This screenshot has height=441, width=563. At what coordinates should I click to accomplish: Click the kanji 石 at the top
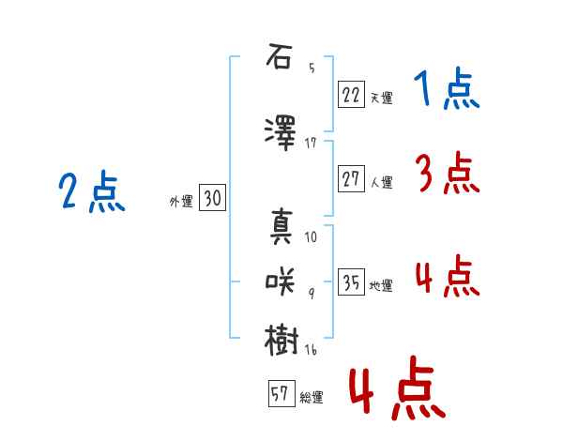click(x=279, y=56)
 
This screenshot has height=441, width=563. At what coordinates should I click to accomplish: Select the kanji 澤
click(x=281, y=133)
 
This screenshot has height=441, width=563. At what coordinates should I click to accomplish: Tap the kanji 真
click(x=281, y=226)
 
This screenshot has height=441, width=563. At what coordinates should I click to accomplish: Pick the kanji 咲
click(x=280, y=281)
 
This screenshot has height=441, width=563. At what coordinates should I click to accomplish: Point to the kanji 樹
click(x=281, y=340)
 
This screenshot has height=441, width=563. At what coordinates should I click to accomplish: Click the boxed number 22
click(x=351, y=95)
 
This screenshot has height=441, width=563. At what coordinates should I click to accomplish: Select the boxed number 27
click(x=351, y=178)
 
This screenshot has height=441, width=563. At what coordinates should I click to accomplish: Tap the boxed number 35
click(x=351, y=281)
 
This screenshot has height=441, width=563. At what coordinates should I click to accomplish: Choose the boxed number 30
click(x=213, y=198)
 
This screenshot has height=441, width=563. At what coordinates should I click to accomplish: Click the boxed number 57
click(x=281, y=393)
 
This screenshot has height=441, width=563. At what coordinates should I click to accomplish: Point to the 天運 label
click(x=381, y=98)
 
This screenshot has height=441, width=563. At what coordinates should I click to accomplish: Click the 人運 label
click(x=381, y=182)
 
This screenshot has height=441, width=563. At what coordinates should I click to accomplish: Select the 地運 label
click(x=381, y=286)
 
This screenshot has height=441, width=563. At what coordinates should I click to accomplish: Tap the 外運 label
click(x=181, y=202)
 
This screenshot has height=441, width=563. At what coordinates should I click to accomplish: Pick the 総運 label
click(x=312, y=398)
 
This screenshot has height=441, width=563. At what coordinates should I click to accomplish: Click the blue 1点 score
click(x=447, y=87)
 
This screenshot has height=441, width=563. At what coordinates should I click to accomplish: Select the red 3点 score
click(x=448, y=173)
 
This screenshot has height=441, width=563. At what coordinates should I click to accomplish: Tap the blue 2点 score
click(x=92, y=191)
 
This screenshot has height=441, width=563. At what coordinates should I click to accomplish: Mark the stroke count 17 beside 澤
click(x=311, y=144)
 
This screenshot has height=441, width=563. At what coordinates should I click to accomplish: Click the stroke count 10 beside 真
click(x=311, y=237)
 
